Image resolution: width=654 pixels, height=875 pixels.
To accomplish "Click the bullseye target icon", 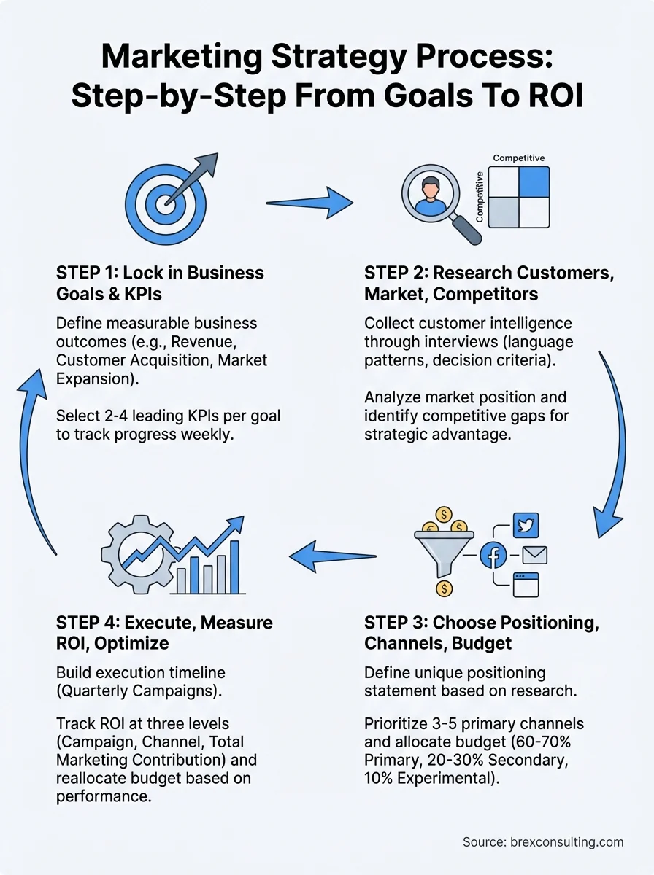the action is [x=166, y=204].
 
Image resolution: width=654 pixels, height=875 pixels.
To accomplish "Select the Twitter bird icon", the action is [x=526, y=526].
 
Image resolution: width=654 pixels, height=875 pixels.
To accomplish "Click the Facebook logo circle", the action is [x=493, y=556].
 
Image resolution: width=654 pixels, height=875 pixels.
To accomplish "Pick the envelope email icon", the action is [x=535, y=555].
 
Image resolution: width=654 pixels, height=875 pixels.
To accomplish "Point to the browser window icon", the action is [x=526, y=585].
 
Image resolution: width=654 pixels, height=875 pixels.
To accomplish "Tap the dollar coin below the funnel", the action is [x=444, y=588].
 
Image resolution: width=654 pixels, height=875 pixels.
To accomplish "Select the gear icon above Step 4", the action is [x=138, y=555].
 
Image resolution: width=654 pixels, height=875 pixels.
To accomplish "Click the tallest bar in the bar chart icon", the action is [x=235, y=567].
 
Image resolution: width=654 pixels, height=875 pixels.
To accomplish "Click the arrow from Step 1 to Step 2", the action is [x=309, y=203].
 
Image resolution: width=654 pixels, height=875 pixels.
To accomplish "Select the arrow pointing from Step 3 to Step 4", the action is [x=332, y=556].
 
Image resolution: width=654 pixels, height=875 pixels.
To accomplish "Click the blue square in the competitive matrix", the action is [x=534, y=182].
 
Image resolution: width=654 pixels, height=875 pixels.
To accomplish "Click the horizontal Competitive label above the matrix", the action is [x=519, y=157].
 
